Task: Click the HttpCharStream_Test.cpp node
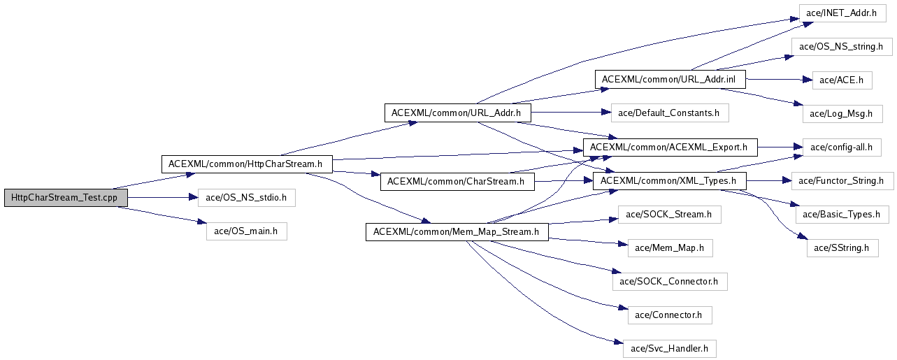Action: [66, 198]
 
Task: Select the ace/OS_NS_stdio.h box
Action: [246, 198]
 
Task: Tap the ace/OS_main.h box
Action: [246, 231]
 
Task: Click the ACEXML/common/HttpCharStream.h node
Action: [246, 164]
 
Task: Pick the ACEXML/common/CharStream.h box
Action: [456, 182]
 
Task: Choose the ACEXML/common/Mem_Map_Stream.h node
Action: [457, 232]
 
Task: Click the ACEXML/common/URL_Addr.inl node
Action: [670, 79]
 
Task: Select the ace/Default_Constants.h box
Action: [670, 113]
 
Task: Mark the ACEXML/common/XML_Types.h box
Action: [670, 182]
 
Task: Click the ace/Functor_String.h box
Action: [842, 182]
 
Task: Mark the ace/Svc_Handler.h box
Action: [669, 347]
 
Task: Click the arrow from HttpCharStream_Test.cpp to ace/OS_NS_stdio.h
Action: [162, 198]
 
